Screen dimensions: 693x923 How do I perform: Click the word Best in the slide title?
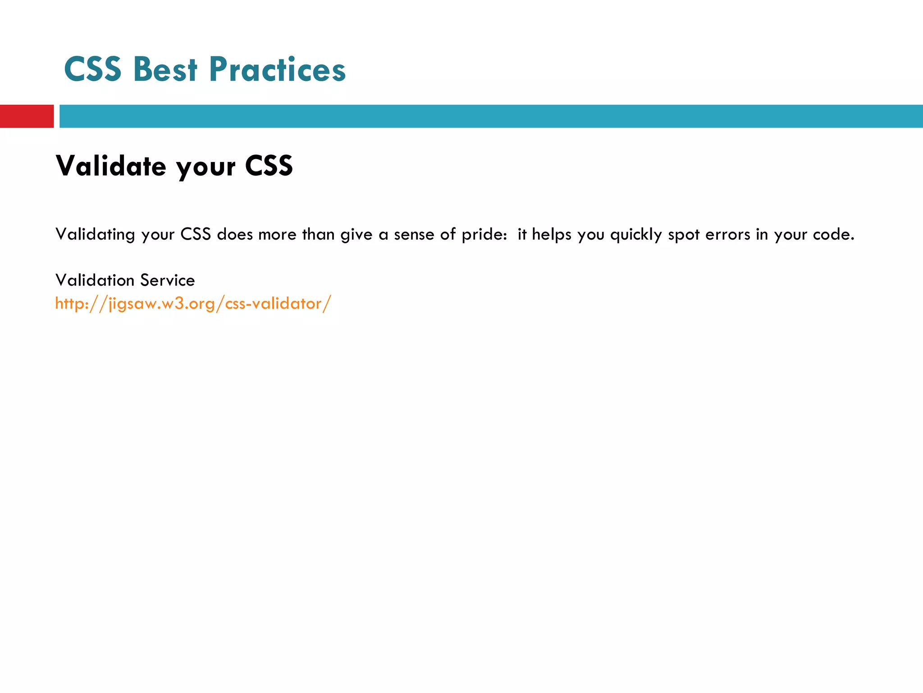[x=165, y=70]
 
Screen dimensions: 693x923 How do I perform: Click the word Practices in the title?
[x=277, y=70]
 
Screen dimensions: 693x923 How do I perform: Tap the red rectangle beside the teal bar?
[x=27, y=116]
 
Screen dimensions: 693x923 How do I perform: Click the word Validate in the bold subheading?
[x=111, y=166]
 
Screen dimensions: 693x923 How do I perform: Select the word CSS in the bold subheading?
[x=269, y=166]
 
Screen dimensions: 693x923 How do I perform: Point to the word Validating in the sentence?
[x=95, y=235]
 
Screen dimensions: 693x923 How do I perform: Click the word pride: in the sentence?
[x=484, y=235]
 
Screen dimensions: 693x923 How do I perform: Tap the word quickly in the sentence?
[x=636, y=235]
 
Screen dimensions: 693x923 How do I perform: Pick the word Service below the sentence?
[x=167, y=280]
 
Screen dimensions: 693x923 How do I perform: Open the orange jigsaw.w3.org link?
[x=193, y=304]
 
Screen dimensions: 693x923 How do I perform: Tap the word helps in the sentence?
[x=551, y=235]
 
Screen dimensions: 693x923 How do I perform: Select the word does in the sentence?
[x=235, y=235]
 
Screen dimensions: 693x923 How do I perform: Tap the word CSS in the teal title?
[x=93, y=70]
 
